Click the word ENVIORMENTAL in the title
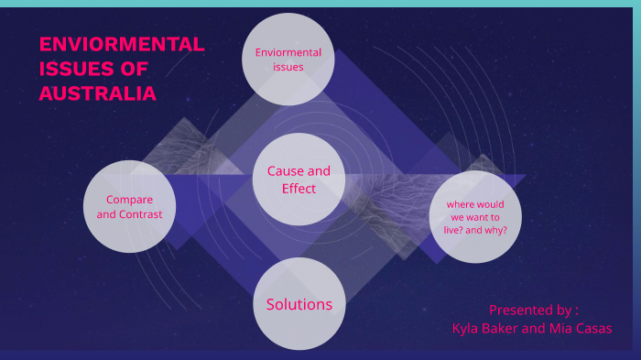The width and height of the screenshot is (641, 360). tap(121, 45)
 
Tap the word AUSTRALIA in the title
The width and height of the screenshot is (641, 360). tap(97, 93)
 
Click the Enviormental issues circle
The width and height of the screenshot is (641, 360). tap(288, 59)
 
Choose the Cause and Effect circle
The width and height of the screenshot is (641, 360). tap(299, 180)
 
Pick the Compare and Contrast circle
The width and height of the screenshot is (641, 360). tap(129, 206)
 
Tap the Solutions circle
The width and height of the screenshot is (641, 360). tap(299, 304)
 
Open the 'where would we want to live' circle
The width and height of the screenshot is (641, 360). tap(475, 216)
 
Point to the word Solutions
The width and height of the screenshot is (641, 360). tap(299, 304)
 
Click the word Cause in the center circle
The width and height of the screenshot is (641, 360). tap(285, 171)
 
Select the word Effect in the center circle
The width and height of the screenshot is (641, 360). tap(299, 189)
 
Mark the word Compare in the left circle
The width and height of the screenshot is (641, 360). tap(129, 199)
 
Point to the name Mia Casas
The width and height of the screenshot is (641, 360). tap(581, 328)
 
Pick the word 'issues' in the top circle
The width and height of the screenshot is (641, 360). tap(288, 67)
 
